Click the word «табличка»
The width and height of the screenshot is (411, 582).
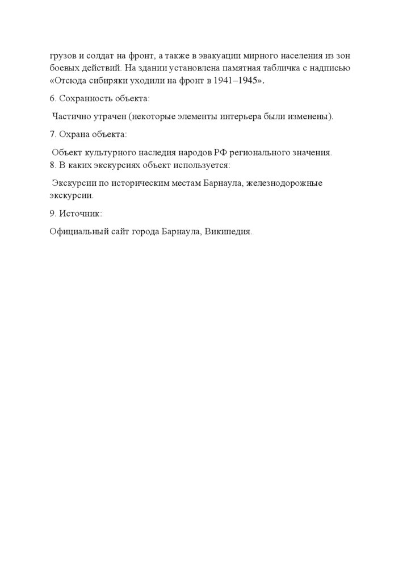coord(289,68)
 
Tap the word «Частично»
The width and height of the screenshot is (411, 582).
coord(71,117)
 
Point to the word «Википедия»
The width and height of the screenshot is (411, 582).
coord(228,232)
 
